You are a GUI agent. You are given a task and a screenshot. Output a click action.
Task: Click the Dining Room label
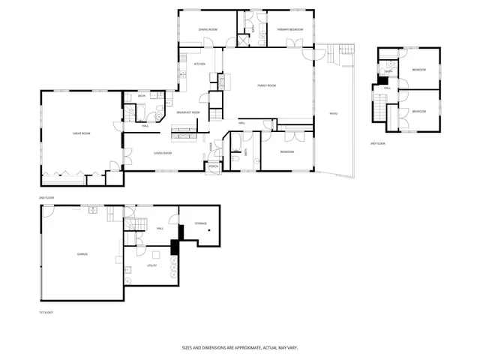[208, 29]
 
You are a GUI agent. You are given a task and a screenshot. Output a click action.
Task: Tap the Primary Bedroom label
[289, 29]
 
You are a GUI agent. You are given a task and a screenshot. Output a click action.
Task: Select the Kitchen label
[199, 64]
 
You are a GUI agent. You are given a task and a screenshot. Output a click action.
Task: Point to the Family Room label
[268, 85]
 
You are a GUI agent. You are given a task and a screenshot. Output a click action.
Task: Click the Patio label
[334, 113]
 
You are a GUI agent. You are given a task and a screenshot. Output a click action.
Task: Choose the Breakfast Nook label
[188, 112]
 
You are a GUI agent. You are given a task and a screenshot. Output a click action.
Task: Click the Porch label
[214, 166]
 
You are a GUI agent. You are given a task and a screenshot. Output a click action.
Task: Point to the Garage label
[82, 254]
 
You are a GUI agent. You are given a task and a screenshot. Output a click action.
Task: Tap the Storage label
[201, 223]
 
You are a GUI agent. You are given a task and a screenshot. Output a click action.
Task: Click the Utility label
[151, 265]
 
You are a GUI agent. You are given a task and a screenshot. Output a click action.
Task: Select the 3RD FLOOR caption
[379, 142]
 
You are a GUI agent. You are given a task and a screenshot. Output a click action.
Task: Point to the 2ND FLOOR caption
[46, 197]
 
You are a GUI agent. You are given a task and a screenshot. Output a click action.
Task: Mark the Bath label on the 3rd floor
[388, 71]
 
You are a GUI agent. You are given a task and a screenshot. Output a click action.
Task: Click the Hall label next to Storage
[160, 228]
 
